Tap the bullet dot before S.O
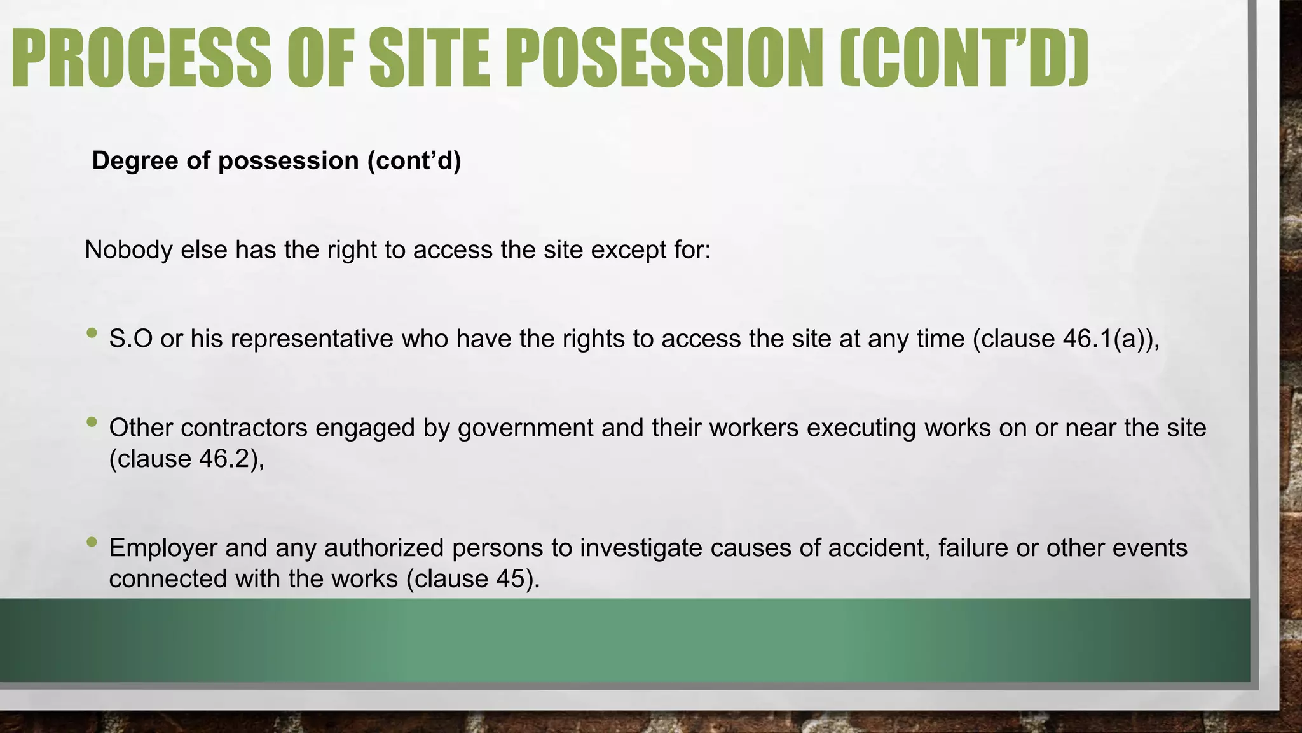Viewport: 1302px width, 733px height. (92, 332)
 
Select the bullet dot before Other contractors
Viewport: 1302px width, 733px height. (92, 421)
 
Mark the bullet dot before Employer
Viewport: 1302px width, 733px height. (92, 541)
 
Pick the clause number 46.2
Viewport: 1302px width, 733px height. (228, 459)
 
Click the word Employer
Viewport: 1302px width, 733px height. (162, 548)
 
